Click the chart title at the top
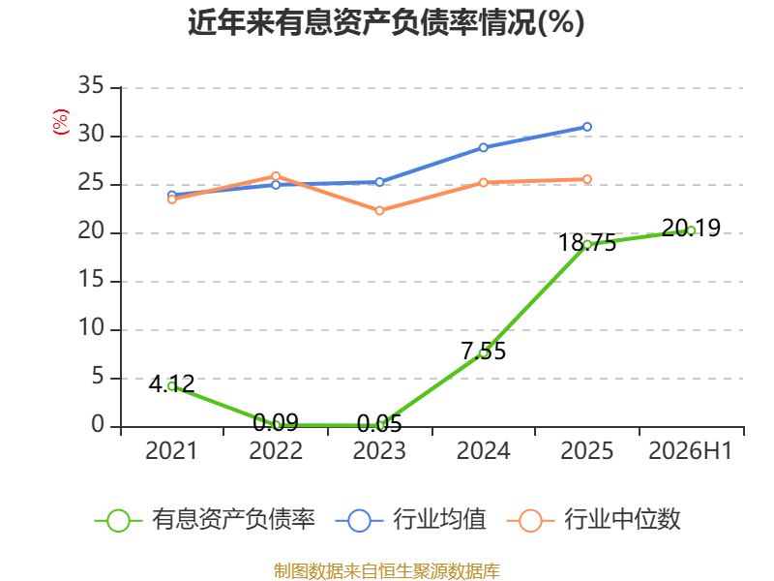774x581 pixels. [386, 22]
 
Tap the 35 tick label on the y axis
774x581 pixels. [91, 86]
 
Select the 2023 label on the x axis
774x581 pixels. [379, 450]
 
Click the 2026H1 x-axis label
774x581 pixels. [690, 450]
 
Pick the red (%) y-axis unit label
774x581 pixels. [61, 122]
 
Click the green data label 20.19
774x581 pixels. [691, 228]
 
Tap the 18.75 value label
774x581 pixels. [587, 243]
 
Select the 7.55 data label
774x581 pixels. [483, 352]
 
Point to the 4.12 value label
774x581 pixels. [172, 384]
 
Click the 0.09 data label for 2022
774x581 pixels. [276, 423]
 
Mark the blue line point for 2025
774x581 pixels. [587, 127]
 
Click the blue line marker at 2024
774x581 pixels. [483, 148]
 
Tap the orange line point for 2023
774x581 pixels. [379, 211]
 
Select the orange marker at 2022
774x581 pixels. [276, 176]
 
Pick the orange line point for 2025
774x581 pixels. [587, 179]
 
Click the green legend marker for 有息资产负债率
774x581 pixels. [118, 521]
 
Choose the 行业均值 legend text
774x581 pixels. [439, 519]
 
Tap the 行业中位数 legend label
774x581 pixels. [622, 519]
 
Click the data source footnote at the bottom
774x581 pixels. [386, 571]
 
